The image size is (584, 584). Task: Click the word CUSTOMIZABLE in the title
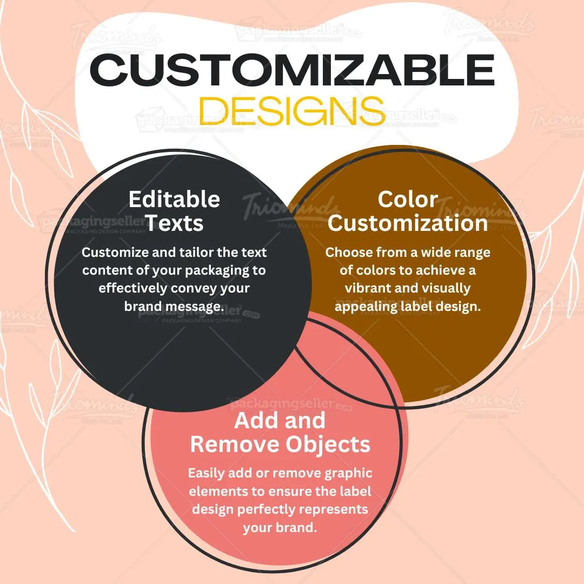point(292,71)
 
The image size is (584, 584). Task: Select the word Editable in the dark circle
point(174,200)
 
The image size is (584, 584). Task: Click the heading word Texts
point(174,223)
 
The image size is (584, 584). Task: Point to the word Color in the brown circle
point(408,199)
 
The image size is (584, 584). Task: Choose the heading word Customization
point(408,223)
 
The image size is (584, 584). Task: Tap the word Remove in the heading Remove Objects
point(227,444)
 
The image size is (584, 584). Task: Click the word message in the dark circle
point(189,306)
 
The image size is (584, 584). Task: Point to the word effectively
point(133,288)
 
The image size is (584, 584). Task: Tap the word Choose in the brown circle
point(349,253)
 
